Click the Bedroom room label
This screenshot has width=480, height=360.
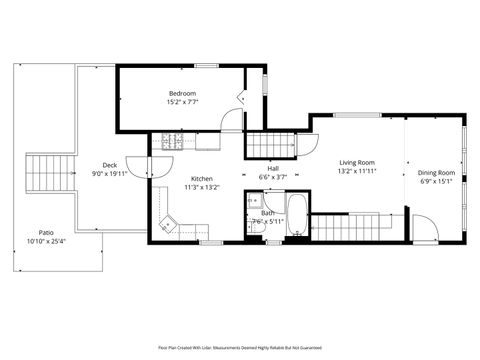[181, 93]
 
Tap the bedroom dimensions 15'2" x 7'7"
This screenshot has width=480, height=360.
[181, 102]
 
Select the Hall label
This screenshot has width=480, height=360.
[272, 168]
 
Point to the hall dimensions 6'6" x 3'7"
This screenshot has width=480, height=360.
[272, 177]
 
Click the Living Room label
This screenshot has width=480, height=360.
[356, 162]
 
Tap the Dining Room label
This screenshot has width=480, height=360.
[436, 172]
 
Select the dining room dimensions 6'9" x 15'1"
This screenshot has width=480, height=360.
[436, 181]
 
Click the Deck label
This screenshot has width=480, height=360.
[110, 165]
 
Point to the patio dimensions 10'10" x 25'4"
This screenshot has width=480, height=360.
[46, 241]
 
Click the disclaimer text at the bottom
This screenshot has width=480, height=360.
[240, 347]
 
